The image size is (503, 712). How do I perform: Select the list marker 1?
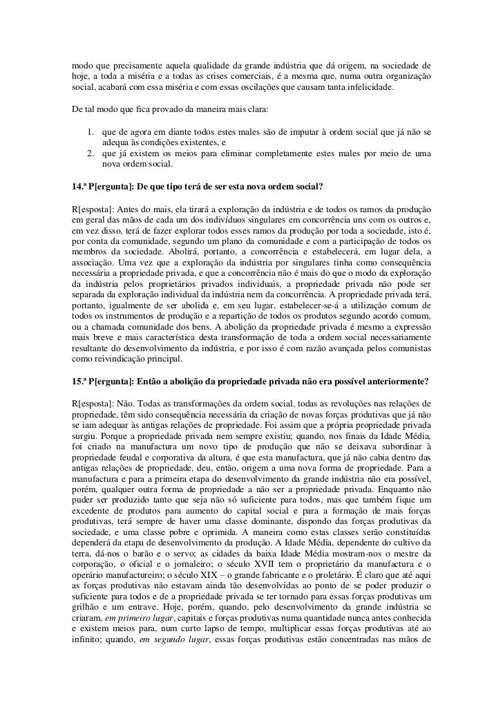(x=91, y=131)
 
